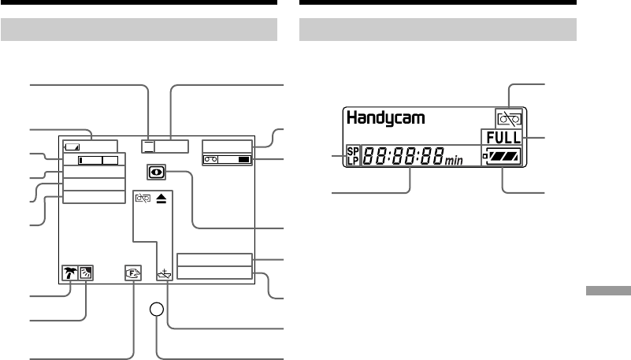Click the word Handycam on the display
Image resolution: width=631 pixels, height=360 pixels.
[x=385, y=118]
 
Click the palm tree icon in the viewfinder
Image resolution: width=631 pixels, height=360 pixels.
[x=70, y=273]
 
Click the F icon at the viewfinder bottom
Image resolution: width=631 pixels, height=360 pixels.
[x=131, y=274]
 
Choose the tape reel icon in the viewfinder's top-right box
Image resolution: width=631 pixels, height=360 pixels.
[x=210, y=159]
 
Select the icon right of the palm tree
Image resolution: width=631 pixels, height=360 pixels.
[x=85, y=273]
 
